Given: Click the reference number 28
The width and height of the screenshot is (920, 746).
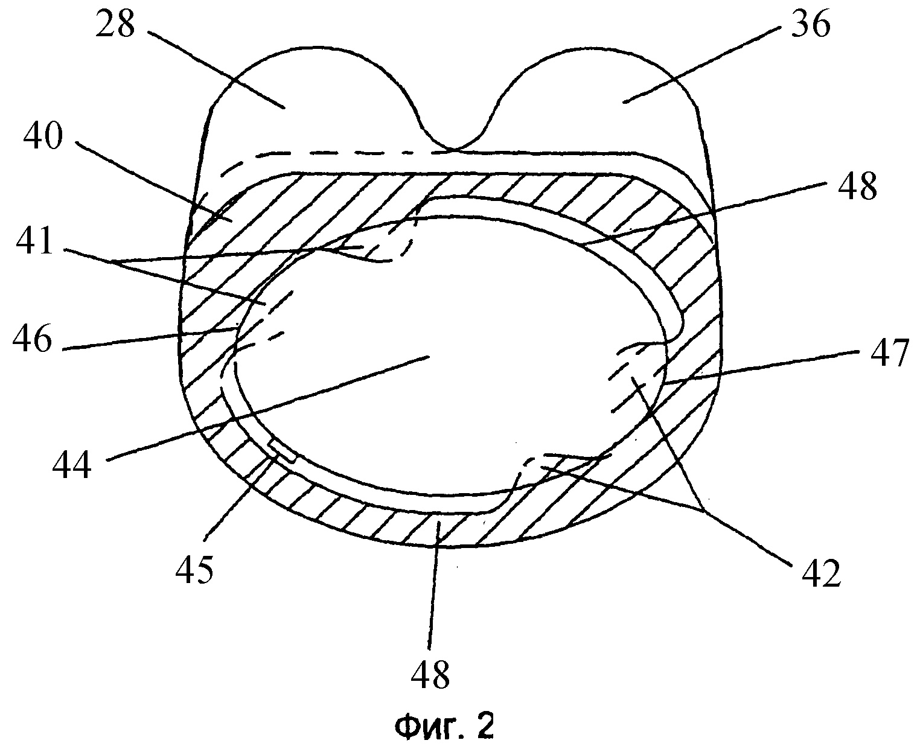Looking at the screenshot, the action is pos(115,24).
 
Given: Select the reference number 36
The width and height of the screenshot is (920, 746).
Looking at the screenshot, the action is pos(811,24).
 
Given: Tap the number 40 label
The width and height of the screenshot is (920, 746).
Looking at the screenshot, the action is pos(43,135).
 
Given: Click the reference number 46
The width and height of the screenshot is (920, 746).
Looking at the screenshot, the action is pos(32,338).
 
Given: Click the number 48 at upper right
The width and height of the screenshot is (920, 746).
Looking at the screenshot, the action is pos(857,186).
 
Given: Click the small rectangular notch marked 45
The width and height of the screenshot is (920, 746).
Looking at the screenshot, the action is pos(283,451).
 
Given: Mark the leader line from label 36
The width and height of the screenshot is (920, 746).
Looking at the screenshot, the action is pos(702,65).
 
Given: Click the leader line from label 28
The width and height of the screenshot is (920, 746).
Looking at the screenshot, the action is pos(216,69).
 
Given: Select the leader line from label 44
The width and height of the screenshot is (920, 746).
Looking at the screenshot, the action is pos(268,409).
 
